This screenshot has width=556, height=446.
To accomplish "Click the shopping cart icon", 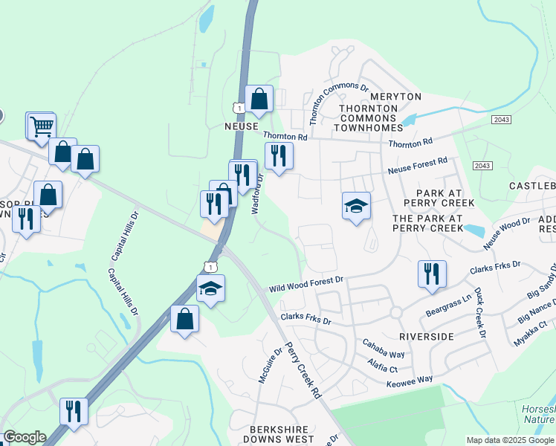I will (x=41, y=125).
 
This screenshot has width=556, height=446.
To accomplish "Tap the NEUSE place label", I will (x=241, y=126).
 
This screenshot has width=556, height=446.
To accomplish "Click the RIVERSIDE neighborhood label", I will (x=426, y=337).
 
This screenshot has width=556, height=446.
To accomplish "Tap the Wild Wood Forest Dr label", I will (x=306, y=283).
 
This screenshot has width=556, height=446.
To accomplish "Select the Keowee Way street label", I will (x=410, y=380).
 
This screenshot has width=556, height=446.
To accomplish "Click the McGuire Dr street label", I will (x=269, y=366).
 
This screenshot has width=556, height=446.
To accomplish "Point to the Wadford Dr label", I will (x=257, y=194).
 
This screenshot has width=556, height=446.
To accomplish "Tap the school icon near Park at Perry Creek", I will (x=356, y=205).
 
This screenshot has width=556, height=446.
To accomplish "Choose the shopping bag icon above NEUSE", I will (x=259, y=99).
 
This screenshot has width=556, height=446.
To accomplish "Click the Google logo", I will (x=25, y=437).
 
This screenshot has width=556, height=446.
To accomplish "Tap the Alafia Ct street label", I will (x=383, y=364).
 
